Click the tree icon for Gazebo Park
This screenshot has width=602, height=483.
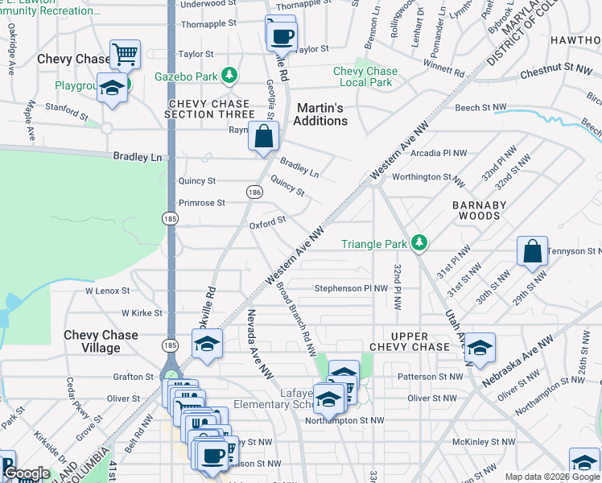pos(230,76)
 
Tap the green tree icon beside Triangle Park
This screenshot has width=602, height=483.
pos(418,242)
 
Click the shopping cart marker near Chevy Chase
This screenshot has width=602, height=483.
pos(125,56)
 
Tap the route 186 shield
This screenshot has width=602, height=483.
pos(254,192)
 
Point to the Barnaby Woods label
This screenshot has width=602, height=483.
pos(479,211)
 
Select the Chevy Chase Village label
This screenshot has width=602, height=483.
pos(101,341)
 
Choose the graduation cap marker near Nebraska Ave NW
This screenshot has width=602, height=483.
pos(480,348)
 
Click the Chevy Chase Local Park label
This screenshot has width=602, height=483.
pos(366,76)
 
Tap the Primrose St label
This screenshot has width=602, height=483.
pos(201,203)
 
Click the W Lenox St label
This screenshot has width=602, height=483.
pos(107,290)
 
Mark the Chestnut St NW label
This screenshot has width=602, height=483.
pos(556,72)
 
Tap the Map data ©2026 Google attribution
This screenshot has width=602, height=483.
pos(552,477)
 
